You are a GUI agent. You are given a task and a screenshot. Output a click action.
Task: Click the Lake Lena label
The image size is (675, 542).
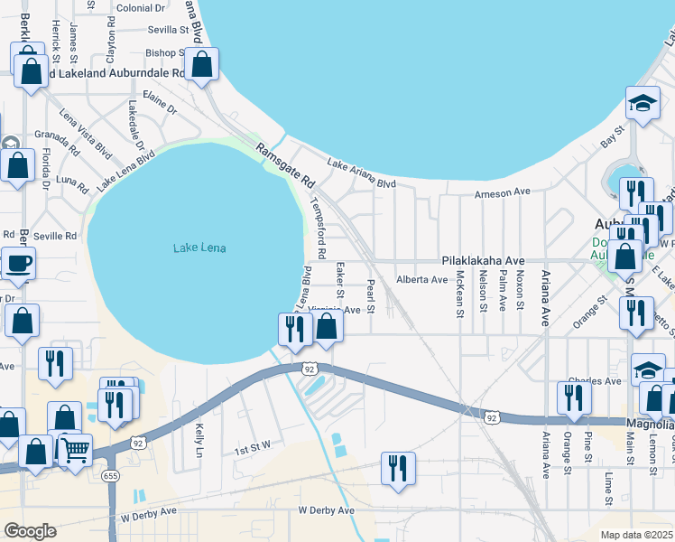tap(199, 248)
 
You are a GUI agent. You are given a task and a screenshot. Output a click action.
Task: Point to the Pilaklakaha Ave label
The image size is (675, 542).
tap(483, 259)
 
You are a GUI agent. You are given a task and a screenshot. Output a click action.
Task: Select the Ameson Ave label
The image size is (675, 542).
tap(503, 192)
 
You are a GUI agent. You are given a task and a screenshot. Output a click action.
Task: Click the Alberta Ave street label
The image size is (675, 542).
tap(421, 280)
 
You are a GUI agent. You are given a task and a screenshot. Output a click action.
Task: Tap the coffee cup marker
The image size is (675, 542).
tap(18, 264)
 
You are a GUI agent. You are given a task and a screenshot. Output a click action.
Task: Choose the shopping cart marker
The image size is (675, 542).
tap(76, 449)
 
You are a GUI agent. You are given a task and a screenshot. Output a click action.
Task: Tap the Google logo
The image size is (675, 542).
tap(30, 531)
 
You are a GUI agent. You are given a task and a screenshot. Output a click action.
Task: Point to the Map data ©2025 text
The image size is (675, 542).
tap(635, 535)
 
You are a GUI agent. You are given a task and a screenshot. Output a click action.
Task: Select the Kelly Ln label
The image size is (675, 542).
tap(199, 440)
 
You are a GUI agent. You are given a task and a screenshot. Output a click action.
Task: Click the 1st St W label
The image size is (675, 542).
tap(252, 449)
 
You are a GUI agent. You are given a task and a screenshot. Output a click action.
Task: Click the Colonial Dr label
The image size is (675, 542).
tap(140, 8)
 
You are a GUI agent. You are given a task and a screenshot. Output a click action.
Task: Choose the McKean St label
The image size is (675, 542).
tap(459, 294)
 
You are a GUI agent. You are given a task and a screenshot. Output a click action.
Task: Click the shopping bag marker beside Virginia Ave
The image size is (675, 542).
tap(328, 327)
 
